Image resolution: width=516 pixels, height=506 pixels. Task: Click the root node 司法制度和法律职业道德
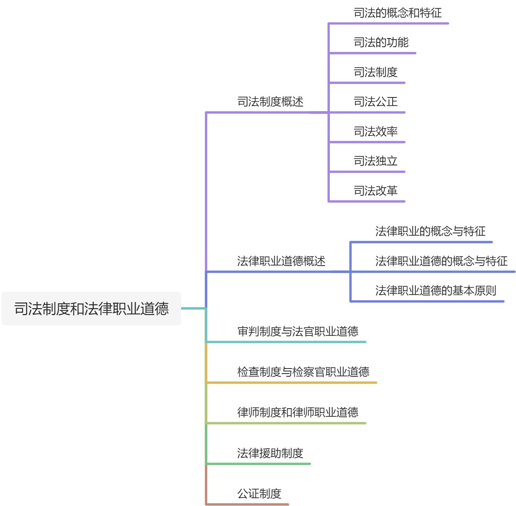click(x=91, y=308)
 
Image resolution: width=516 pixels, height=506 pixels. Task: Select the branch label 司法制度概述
click(x=270, y=102)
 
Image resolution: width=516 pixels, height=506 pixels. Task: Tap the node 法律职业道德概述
click(x=281, y=261)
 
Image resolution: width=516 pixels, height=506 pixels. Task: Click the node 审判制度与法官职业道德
click(x=298, y=332)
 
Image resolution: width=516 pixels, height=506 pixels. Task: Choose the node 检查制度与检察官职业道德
click(x=303, y=372)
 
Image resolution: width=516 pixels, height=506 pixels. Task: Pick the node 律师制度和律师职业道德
click(x=298, y=412)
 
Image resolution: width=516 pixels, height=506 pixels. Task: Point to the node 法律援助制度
click(x=270, y=453)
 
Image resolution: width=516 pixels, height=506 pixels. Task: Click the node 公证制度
click(x=259, y=494)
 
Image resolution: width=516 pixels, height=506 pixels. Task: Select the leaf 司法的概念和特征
click(x=397, y=13)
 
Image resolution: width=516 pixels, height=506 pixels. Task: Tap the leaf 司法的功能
click(x=381, y=42)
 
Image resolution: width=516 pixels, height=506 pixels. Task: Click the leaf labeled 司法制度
click(x=375, y=72)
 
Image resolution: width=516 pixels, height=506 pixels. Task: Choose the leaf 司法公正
click(x=375, y=102)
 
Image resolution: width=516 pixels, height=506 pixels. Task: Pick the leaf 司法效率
click(x=375, y=132)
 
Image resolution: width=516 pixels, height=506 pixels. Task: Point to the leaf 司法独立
click(x=375, y=161)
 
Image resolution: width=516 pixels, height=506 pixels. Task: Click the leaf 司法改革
click(x=375, y=191)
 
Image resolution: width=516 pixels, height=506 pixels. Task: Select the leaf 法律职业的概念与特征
click(x=430, y=231)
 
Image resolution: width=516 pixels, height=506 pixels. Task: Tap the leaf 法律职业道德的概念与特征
click(x=441, y=261)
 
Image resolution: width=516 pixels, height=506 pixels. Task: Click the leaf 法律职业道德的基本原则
click(x=436, y=291)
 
